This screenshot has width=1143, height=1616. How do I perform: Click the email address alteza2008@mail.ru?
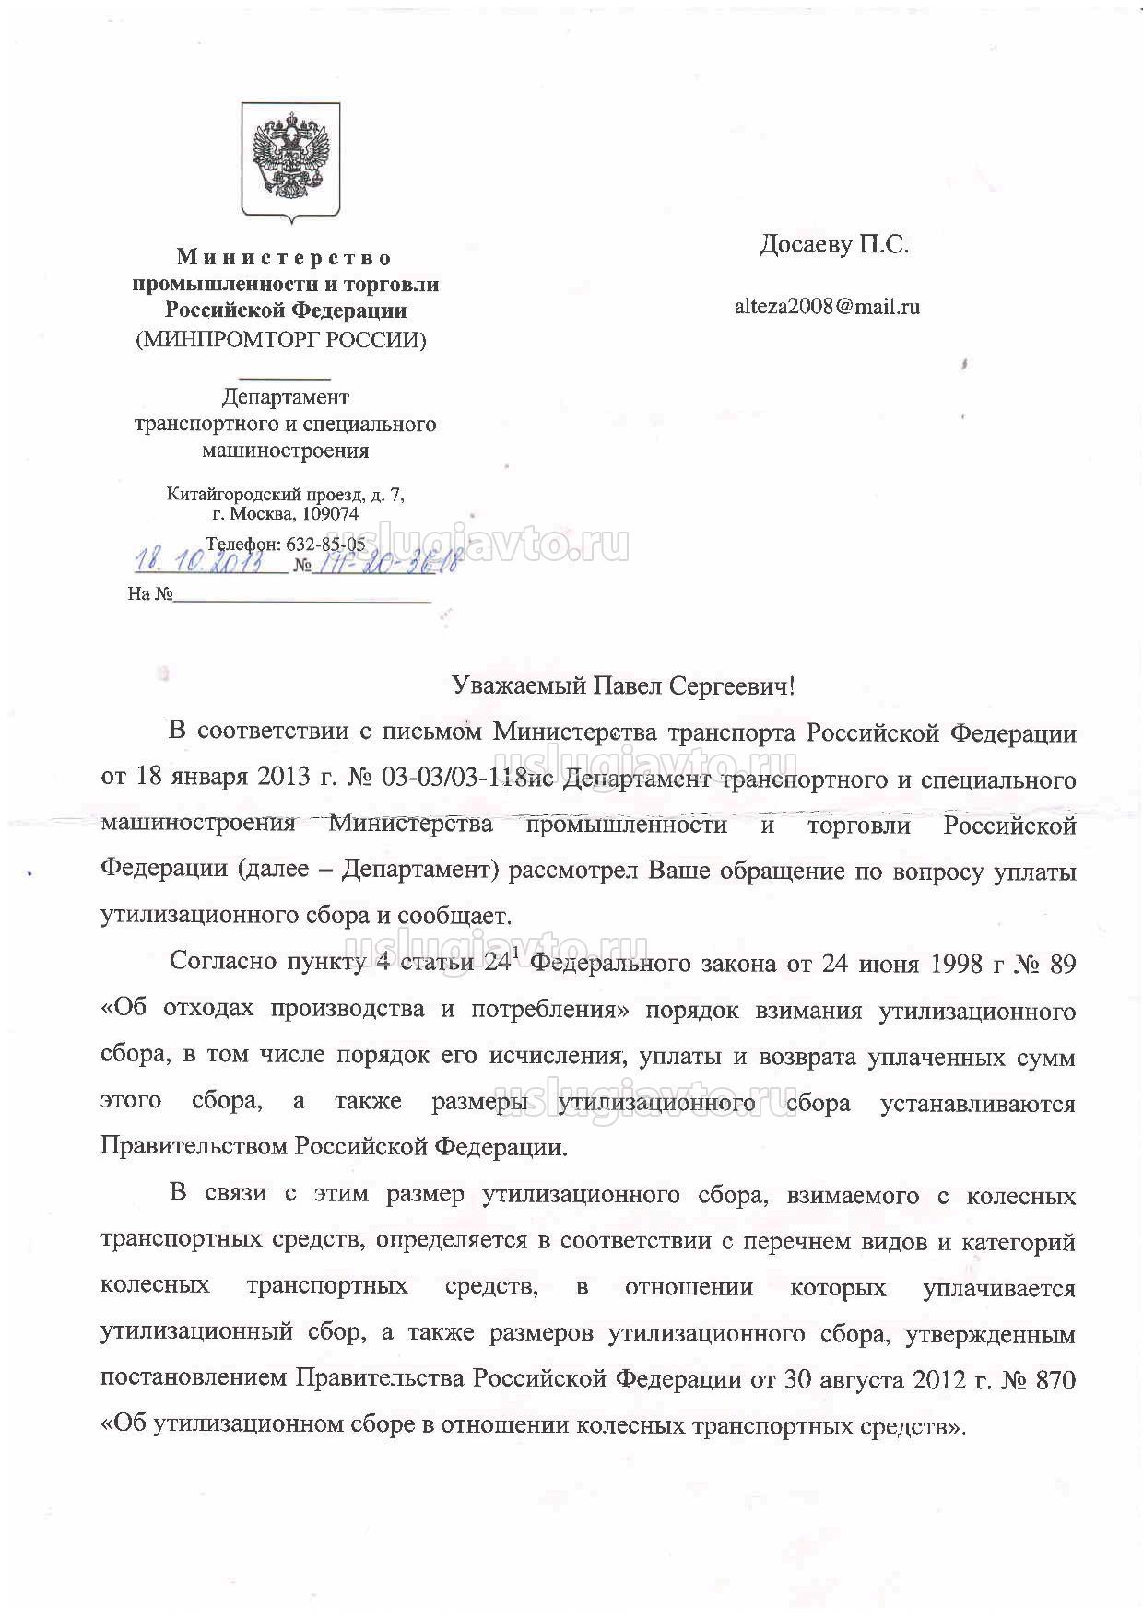tap(826, 307)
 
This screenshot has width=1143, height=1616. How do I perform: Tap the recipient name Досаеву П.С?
tap(833, 245)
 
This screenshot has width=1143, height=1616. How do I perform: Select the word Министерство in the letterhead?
tap(285, 257)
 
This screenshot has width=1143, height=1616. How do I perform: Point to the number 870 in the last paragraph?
tap(1054, 1380)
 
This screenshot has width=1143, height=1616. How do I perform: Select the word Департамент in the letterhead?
tap(286, 397)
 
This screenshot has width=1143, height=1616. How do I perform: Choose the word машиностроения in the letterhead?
tap(286, 451)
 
